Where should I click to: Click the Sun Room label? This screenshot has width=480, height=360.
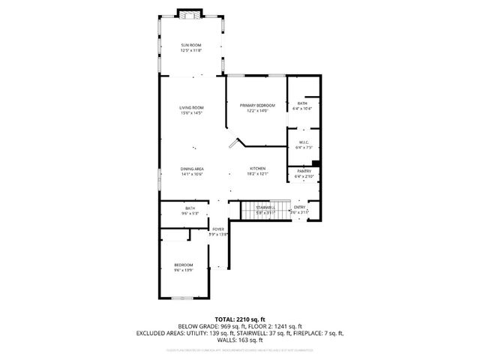coord(191,46)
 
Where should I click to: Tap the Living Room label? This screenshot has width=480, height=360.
coord(191,107)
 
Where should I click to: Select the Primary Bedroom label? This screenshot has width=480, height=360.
coord(257,106)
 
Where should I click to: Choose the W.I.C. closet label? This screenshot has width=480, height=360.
coord(304,142)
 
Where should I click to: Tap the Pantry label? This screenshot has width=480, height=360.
coord(304,171)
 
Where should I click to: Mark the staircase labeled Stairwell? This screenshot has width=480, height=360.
coord(264,207)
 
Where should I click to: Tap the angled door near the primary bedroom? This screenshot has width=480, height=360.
coord(237,142)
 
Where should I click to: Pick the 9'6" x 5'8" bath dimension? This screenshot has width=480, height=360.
coord(190,213)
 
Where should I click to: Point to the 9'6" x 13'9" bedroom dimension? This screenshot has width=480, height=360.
coord(184,269)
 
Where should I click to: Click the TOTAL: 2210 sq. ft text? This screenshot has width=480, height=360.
coord(240,319)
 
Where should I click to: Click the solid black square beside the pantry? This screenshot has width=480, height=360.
coord(316,163)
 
